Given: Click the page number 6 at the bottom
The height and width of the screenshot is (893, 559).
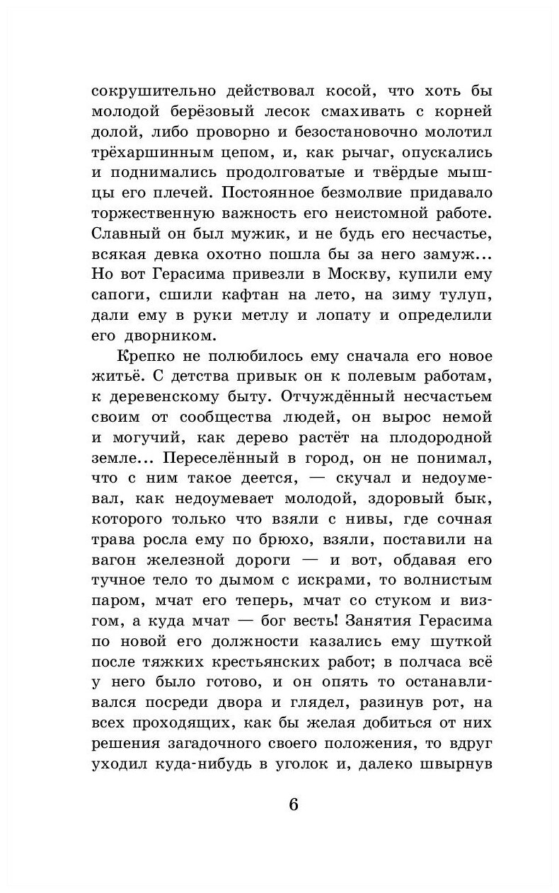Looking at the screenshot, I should [x=294, y=805].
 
